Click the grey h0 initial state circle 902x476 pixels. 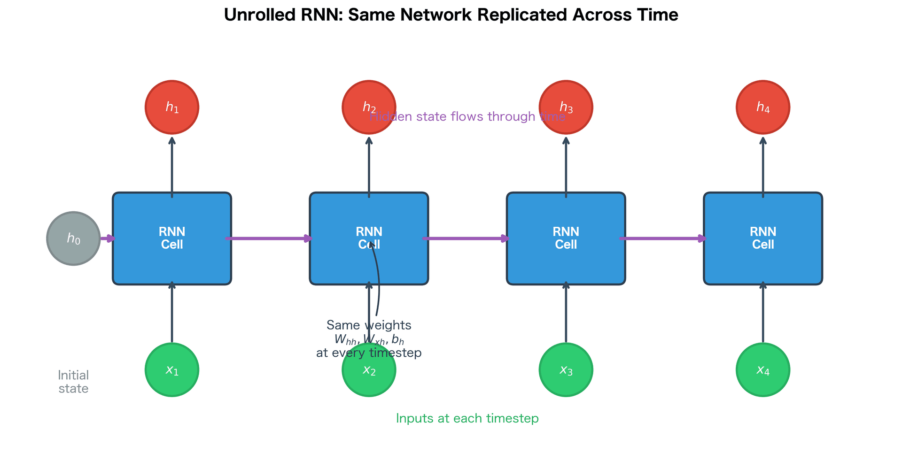[73, 238]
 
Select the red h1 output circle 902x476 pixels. [172, 107]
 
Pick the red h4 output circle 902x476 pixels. [762, 107]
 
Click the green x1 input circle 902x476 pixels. [172, 370]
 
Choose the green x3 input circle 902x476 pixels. [566, 370]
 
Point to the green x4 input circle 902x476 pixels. [762, 370]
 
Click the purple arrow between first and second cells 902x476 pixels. [270, 238]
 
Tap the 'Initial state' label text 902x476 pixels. [73, 382]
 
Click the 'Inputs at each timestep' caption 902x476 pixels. [467, 418]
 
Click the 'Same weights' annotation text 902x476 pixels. [368, 325]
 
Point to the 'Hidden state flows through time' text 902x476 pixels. [467, 116]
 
